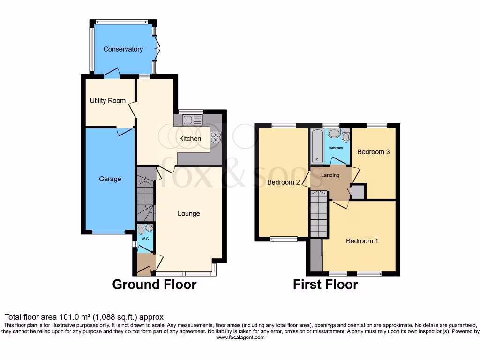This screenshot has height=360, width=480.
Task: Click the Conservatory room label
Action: click(123, 49)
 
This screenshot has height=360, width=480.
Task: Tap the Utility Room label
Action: click(108, 100)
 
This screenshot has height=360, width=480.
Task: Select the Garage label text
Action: click(110, 179)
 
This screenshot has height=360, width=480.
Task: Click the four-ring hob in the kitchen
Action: click(216, 137)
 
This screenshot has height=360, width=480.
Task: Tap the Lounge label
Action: click(188, 213)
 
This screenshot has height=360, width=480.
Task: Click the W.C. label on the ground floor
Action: click(145, 239)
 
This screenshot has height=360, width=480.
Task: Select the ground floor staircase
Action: click(146, 195)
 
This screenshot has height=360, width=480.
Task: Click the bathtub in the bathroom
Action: click(316, 145)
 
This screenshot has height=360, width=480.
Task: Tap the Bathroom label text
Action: click(335, 148)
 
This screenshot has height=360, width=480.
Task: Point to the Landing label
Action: click(330, 175)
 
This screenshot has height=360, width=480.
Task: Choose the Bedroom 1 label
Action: click(362, 241)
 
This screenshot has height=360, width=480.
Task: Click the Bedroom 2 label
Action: click(283, 182)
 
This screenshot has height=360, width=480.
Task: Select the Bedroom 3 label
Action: click(373, 152)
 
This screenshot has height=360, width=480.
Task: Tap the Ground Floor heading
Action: click(154, 284)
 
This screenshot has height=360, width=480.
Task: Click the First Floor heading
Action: click(325, 284)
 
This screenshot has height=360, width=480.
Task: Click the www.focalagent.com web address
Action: click(240, 337)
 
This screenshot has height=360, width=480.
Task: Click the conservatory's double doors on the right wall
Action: click(158, 49)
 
